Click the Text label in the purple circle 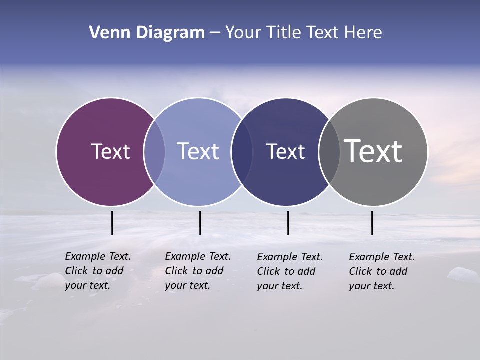pyautogui.click(x=110, y=151)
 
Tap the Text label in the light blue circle pyautogui.click(x=198, y=151)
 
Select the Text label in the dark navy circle pyautogui.click(x=285, y=151)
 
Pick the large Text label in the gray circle pyautogui.click(x=373, y=151)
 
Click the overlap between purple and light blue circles pyautogui.click(x=154, y=152)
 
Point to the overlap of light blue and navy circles pyautogui.click(x=242, y=152)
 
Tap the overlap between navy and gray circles pyautogui.click(x=329, y=152)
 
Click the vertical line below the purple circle pyautogui.click(x=112, y=223)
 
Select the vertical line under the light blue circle pyautogui.click(x=200, y=223)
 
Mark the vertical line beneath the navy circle pyautogui.click(x=288, y=223)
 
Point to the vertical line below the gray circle pyautogui.click(x=372, y=223)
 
